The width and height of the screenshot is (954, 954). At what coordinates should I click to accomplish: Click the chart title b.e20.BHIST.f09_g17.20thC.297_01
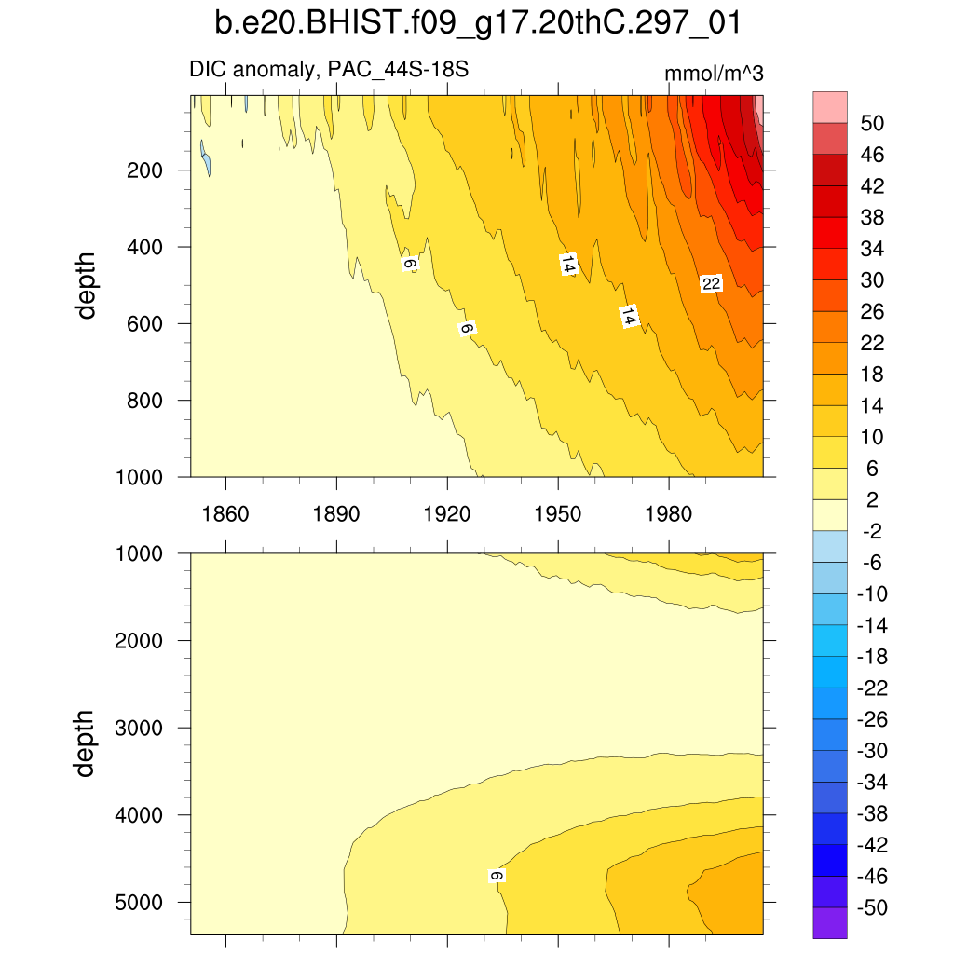477,23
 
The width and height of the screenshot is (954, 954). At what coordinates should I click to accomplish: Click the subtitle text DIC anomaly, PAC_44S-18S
335,69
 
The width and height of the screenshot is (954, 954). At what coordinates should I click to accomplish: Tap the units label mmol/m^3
714,75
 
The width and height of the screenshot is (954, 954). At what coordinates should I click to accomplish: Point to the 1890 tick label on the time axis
336,513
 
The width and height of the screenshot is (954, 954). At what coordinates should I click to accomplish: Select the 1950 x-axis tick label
557,513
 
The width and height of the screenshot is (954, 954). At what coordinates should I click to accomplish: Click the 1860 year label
225,513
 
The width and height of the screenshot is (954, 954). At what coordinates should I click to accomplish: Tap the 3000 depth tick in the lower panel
141,728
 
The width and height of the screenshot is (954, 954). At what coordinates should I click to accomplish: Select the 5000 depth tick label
141,902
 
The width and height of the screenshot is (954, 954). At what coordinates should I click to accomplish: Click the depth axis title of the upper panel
87,287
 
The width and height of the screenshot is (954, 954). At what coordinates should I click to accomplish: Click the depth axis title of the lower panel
87,743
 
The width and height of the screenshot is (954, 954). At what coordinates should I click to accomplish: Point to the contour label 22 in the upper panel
712,284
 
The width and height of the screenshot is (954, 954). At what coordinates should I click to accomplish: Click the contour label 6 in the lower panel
497,876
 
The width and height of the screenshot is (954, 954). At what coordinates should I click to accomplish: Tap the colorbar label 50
872,123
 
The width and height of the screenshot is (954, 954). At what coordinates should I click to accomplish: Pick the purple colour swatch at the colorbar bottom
830,923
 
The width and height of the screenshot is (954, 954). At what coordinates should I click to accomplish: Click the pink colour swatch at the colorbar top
830,106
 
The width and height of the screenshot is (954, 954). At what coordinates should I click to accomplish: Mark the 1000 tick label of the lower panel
141,553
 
